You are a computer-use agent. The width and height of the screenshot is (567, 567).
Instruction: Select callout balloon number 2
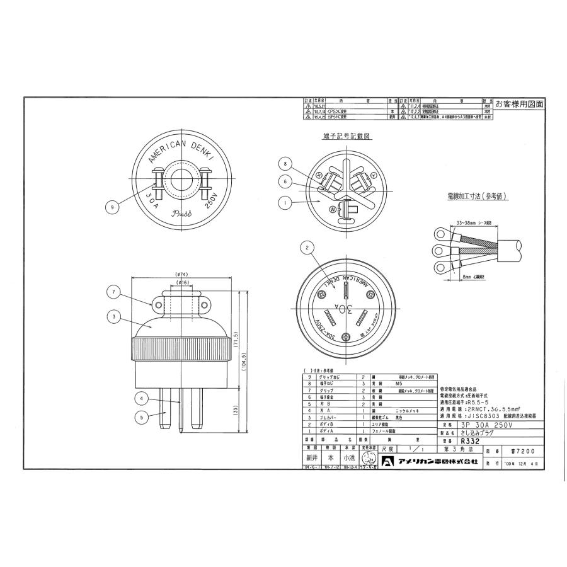coord(307,248)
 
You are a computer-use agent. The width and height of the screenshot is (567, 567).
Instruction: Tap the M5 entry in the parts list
coord(397,382)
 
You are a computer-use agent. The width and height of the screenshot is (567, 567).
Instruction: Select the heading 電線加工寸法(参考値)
coord(477,197)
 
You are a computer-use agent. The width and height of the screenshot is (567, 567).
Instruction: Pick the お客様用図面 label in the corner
coord(519,104)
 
